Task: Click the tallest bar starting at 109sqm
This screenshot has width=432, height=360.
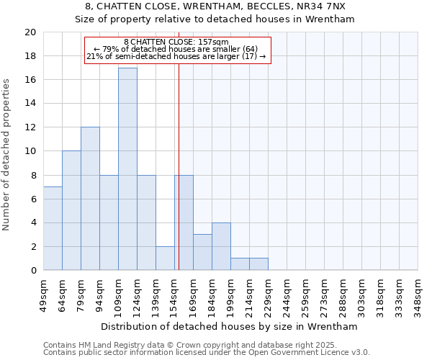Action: point(127,169)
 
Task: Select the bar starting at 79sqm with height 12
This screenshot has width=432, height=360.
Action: point(90,199)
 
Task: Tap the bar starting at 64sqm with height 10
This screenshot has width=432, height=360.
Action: point(71,210)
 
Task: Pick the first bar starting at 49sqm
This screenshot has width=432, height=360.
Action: point(53,228)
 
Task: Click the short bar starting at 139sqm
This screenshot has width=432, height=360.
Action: point(165,258)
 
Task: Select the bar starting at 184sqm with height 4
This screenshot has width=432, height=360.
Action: point(221,246)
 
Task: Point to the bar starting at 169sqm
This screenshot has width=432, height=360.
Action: point(202,252)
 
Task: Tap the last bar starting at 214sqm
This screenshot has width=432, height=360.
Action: point(258,264)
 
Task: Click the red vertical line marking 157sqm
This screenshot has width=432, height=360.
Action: point(179,180)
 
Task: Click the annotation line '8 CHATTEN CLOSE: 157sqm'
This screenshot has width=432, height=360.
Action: point(176,42)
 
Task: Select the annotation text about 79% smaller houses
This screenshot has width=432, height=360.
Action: point(176,49)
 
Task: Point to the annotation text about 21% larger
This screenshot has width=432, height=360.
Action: point(176,56)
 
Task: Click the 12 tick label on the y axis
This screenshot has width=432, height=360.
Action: point(30,127)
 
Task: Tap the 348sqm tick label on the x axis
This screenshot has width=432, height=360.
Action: point(418,294)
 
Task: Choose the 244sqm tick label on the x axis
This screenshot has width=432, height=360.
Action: point(287,294)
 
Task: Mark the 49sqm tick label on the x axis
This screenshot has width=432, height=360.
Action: point(43,294)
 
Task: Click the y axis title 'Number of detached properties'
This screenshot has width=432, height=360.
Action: point(7,155)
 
